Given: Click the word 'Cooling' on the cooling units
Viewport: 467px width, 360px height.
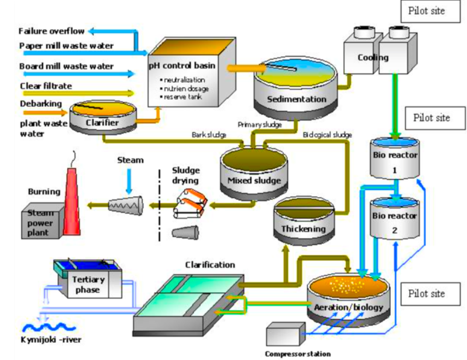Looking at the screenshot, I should coord(373,57).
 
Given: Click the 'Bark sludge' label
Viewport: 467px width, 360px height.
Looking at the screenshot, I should coord(208,136).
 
